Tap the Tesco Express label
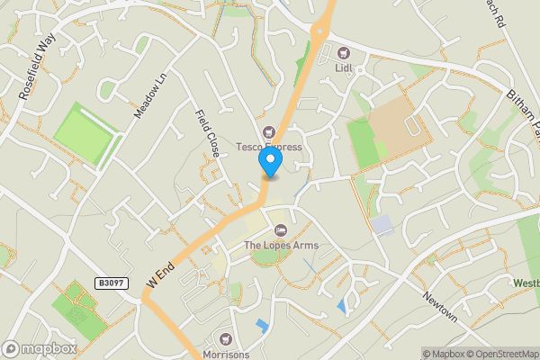tap(269, 147)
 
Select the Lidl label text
tap(343, 66)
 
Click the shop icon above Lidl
tap(343, 51)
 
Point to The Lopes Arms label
tap(281, 246)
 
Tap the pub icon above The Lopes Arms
tap(281, 231)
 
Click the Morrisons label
tap(226, 354)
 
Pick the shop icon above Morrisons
tap(226, 339)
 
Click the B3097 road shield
tap(110, 283)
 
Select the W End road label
tap(159, 274)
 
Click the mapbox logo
tap(40, 348)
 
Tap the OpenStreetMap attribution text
tap(499, 354)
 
